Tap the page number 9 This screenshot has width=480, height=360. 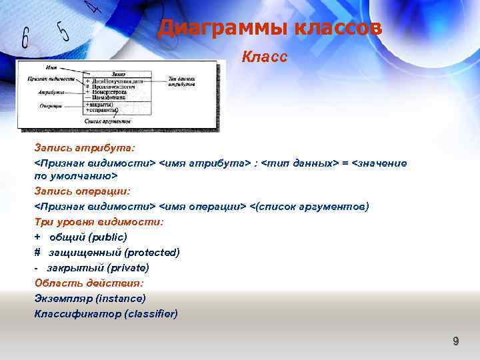click(456, 341)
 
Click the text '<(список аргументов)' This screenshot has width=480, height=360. click(309, 206)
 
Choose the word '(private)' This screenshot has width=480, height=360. click(127, 267)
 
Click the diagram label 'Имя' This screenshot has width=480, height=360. click(50, 68)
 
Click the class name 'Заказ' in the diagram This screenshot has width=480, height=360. click(119, 73)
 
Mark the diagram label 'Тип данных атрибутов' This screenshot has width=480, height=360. click(181, 81)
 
